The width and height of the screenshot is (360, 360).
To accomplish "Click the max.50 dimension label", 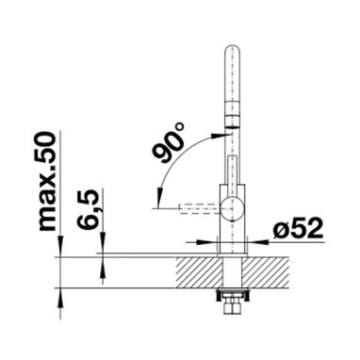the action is (x=47, y=181).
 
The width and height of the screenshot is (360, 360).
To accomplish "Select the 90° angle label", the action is (x=169, y=143).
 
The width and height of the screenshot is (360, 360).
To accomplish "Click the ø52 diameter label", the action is (x=298, y=228).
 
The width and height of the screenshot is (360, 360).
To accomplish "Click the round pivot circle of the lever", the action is (x=232, y=207).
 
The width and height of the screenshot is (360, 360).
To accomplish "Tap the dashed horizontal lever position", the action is (x=200, y=208).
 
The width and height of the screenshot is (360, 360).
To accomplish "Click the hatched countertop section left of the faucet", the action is (x=199, y=272).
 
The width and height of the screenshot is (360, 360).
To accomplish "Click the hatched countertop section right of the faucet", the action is (x=266, y=272).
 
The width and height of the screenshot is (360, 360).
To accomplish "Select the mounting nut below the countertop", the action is (x=232, y=302).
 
